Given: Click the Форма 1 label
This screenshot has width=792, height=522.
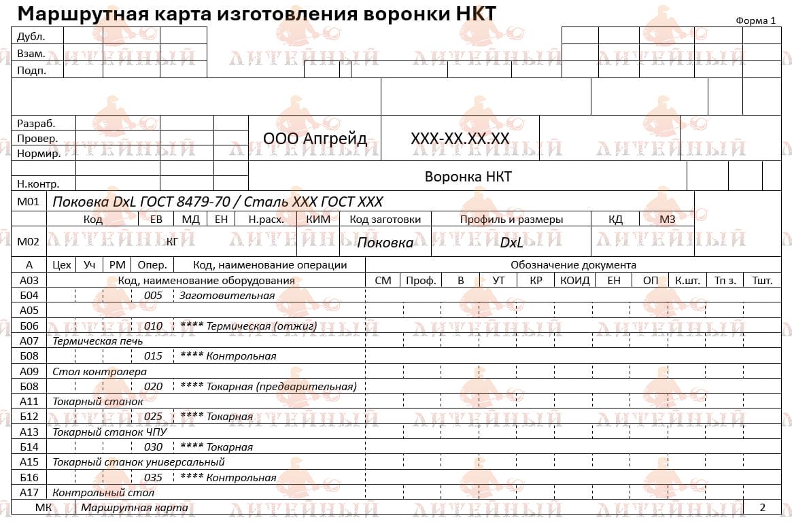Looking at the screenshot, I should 755,20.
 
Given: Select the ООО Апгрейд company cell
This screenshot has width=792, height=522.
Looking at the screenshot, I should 315,139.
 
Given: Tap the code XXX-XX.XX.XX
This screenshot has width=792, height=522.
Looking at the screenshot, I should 460,139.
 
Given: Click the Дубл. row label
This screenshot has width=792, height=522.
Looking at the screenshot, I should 31,37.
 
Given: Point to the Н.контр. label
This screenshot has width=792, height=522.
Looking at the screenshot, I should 38,184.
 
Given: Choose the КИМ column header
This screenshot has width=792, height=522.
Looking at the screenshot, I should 318,220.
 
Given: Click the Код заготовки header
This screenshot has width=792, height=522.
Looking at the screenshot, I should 385,220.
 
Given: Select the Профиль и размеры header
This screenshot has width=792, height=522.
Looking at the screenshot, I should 511,220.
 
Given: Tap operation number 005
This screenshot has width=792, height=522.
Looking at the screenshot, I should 153,296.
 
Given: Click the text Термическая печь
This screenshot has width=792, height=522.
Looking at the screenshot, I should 98,341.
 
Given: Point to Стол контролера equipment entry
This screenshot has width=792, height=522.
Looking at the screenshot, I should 99,372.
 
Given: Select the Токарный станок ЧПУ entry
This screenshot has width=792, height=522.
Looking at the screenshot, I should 109,432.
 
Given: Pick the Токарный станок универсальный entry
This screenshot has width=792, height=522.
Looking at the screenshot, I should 139,462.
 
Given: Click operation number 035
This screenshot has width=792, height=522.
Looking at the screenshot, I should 153,478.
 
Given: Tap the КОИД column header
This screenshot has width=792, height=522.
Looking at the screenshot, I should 574,280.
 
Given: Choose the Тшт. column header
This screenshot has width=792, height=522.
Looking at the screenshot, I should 762,280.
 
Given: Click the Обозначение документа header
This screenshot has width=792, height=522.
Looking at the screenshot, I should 573,265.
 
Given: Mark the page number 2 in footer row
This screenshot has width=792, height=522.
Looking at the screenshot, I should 762,508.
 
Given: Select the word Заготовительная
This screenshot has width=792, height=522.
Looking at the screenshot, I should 227,296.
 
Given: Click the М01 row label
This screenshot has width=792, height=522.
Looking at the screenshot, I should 29,201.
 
